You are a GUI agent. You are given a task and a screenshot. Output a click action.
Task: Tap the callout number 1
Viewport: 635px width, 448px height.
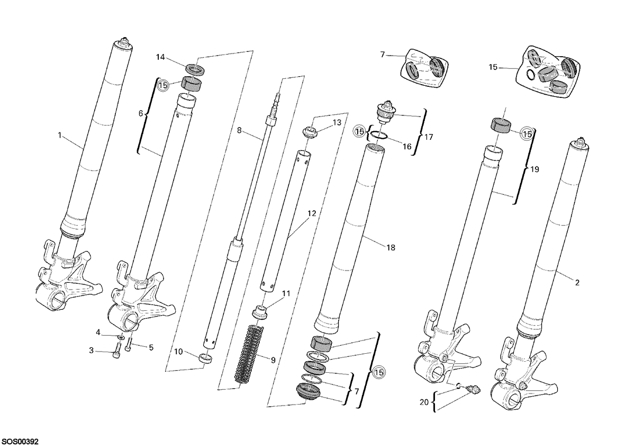59,136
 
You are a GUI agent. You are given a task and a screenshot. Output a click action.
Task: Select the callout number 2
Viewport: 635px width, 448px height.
577,282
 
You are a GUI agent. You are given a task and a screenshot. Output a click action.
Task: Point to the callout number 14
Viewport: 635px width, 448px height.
160,57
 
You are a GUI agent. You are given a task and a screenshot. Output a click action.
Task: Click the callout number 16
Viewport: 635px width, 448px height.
407,146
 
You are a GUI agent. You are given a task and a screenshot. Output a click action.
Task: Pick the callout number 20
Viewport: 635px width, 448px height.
424,402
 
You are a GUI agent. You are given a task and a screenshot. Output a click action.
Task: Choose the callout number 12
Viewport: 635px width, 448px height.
312,213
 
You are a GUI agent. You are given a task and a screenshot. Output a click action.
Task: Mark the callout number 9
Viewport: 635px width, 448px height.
273,360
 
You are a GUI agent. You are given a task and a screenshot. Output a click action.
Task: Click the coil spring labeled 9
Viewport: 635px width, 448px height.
249,355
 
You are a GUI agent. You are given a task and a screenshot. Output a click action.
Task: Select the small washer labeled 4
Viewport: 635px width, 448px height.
121,337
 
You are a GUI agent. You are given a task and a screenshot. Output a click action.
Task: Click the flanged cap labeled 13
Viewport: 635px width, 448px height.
310,133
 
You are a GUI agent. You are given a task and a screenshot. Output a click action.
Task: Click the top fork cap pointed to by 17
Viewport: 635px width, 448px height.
385,112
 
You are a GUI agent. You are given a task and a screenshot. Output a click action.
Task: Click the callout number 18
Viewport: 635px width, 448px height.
391,248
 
